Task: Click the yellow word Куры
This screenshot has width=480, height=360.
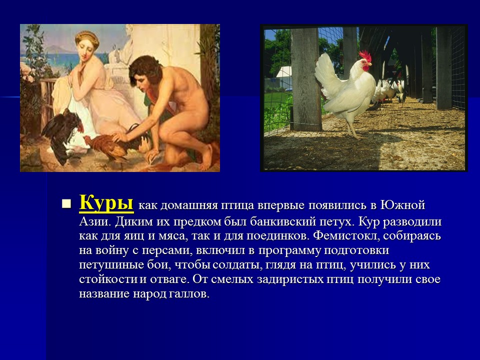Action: pyautogui.click(x=106, y=203)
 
